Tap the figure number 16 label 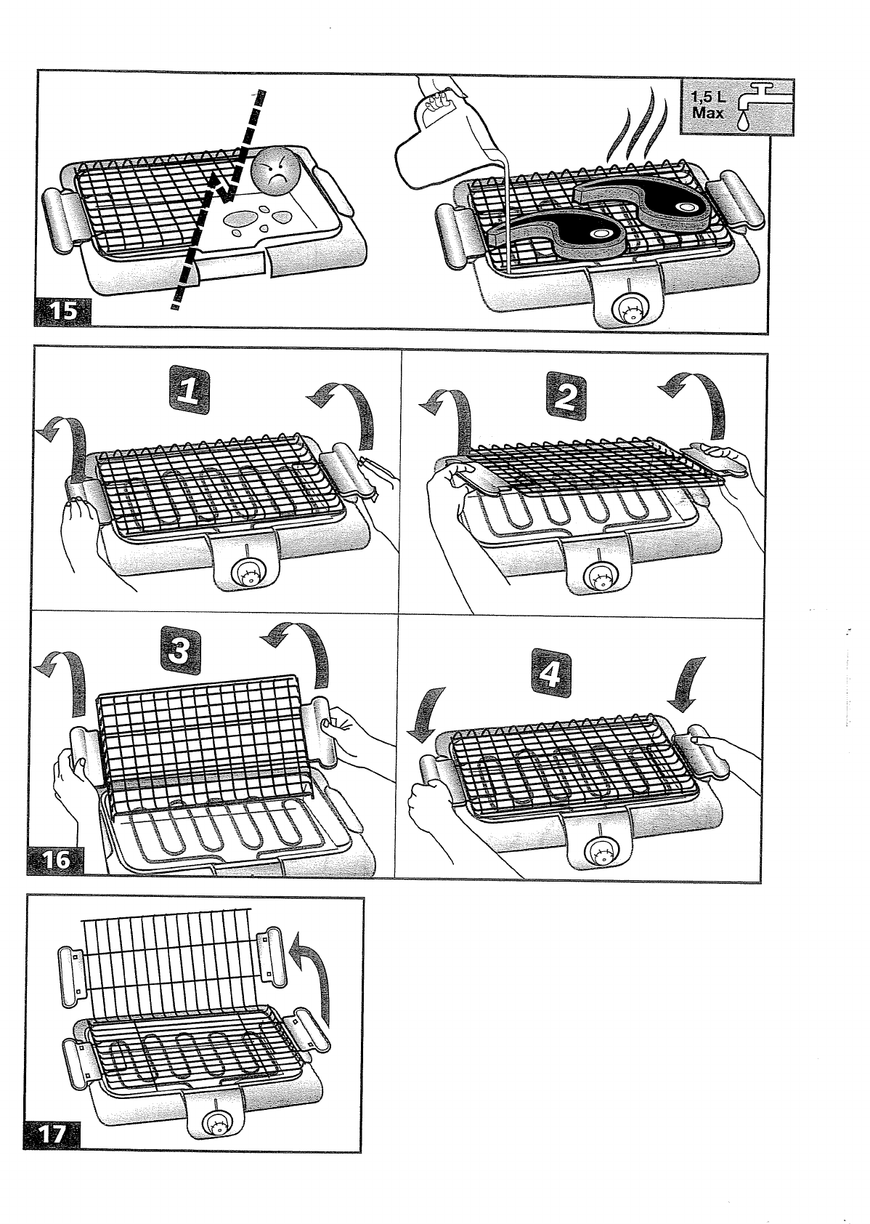[57, 861]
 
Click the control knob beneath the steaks [627, 310]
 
